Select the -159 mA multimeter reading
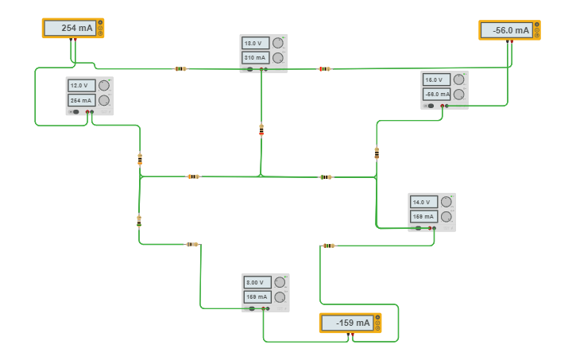point(347,323)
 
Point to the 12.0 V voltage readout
point(81,86)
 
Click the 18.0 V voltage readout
point(255,44)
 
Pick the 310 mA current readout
point(255,58)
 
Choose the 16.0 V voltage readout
point(436,79)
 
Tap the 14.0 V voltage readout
point(423,202)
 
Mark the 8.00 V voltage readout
point(257,282)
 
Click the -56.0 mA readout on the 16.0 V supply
point(436,94)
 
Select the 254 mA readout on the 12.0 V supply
point(81,100)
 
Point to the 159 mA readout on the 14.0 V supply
point(423,216)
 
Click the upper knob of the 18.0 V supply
point(278,43)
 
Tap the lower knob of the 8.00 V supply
point(280,296)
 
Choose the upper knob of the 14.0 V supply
point(446,201)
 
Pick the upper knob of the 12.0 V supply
point(104,85)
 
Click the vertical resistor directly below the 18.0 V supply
point(261,129)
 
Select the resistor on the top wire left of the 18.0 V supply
point(180,69)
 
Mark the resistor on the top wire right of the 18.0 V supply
point(324,69)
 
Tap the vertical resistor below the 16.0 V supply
point(377,152)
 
